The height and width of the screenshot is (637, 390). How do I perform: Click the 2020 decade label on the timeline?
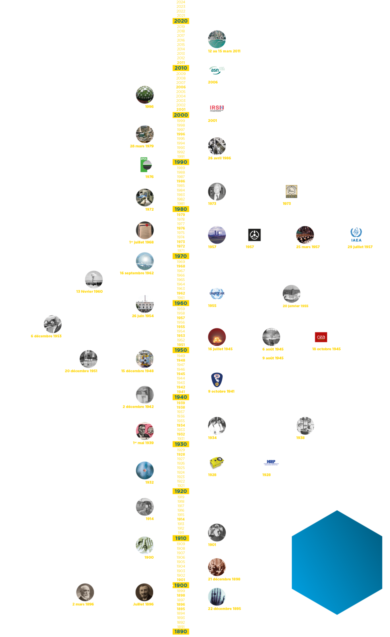click(181, 21)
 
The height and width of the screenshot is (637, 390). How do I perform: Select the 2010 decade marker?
click(181, 68)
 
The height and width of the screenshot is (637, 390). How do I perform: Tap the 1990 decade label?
click(181, 162)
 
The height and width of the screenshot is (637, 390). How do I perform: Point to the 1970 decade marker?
click(181, 256)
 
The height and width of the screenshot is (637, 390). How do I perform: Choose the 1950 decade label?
click(181, 350)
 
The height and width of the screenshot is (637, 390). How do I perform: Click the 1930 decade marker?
click(181, 444)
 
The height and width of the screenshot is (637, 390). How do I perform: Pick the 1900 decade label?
click(181, 585)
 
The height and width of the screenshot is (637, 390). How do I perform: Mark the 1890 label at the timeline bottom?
click(181, 631)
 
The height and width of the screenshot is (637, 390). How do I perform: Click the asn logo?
click(217, 70)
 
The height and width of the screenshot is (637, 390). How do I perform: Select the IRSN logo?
click(217, 108)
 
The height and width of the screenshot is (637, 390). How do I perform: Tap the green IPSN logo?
click(145, 165)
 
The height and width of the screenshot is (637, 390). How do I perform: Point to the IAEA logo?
click(357, 235)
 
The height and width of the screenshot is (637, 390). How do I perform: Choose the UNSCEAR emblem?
click(217, 294)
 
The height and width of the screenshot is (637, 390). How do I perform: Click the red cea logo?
click(321, 337)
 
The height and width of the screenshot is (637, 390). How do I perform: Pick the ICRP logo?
click(271, 462)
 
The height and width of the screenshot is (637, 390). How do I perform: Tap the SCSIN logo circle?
click(292, 192)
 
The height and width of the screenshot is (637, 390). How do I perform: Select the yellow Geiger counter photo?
click(217, 462)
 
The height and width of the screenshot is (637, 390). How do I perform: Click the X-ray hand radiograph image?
click(217, 597)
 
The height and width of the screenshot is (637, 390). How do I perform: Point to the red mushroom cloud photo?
click(217, 337)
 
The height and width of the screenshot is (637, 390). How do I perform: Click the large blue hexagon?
click(337, 562)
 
